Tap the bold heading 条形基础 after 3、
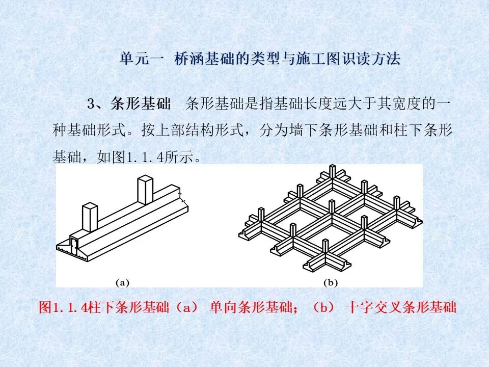(x=141, y=104)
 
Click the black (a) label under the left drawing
(x=123, y=282)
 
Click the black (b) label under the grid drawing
(x=331, y=282)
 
